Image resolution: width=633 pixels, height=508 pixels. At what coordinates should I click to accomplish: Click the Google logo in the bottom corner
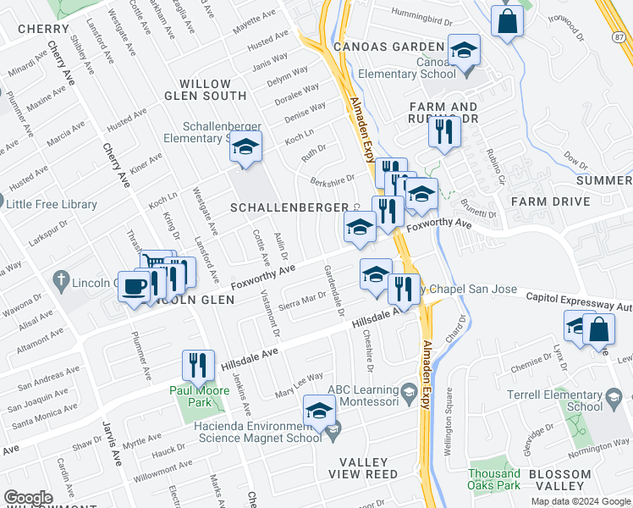click(x=29, y=498)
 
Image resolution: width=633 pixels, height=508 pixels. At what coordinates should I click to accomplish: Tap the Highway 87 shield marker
click(x=619, y=36)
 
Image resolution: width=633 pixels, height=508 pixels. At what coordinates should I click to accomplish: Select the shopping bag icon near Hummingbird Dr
click(x=507, y=23)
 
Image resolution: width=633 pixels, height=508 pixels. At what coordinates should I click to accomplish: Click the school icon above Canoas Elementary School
click(x=463, y=51)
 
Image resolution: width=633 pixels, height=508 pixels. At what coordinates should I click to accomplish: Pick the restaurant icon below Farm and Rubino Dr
click(x=443, y=131)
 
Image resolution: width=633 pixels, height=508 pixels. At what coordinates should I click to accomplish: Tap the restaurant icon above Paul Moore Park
click(x=198, y=365)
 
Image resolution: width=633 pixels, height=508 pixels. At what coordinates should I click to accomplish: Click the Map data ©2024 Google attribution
click(x=581, y=501)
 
